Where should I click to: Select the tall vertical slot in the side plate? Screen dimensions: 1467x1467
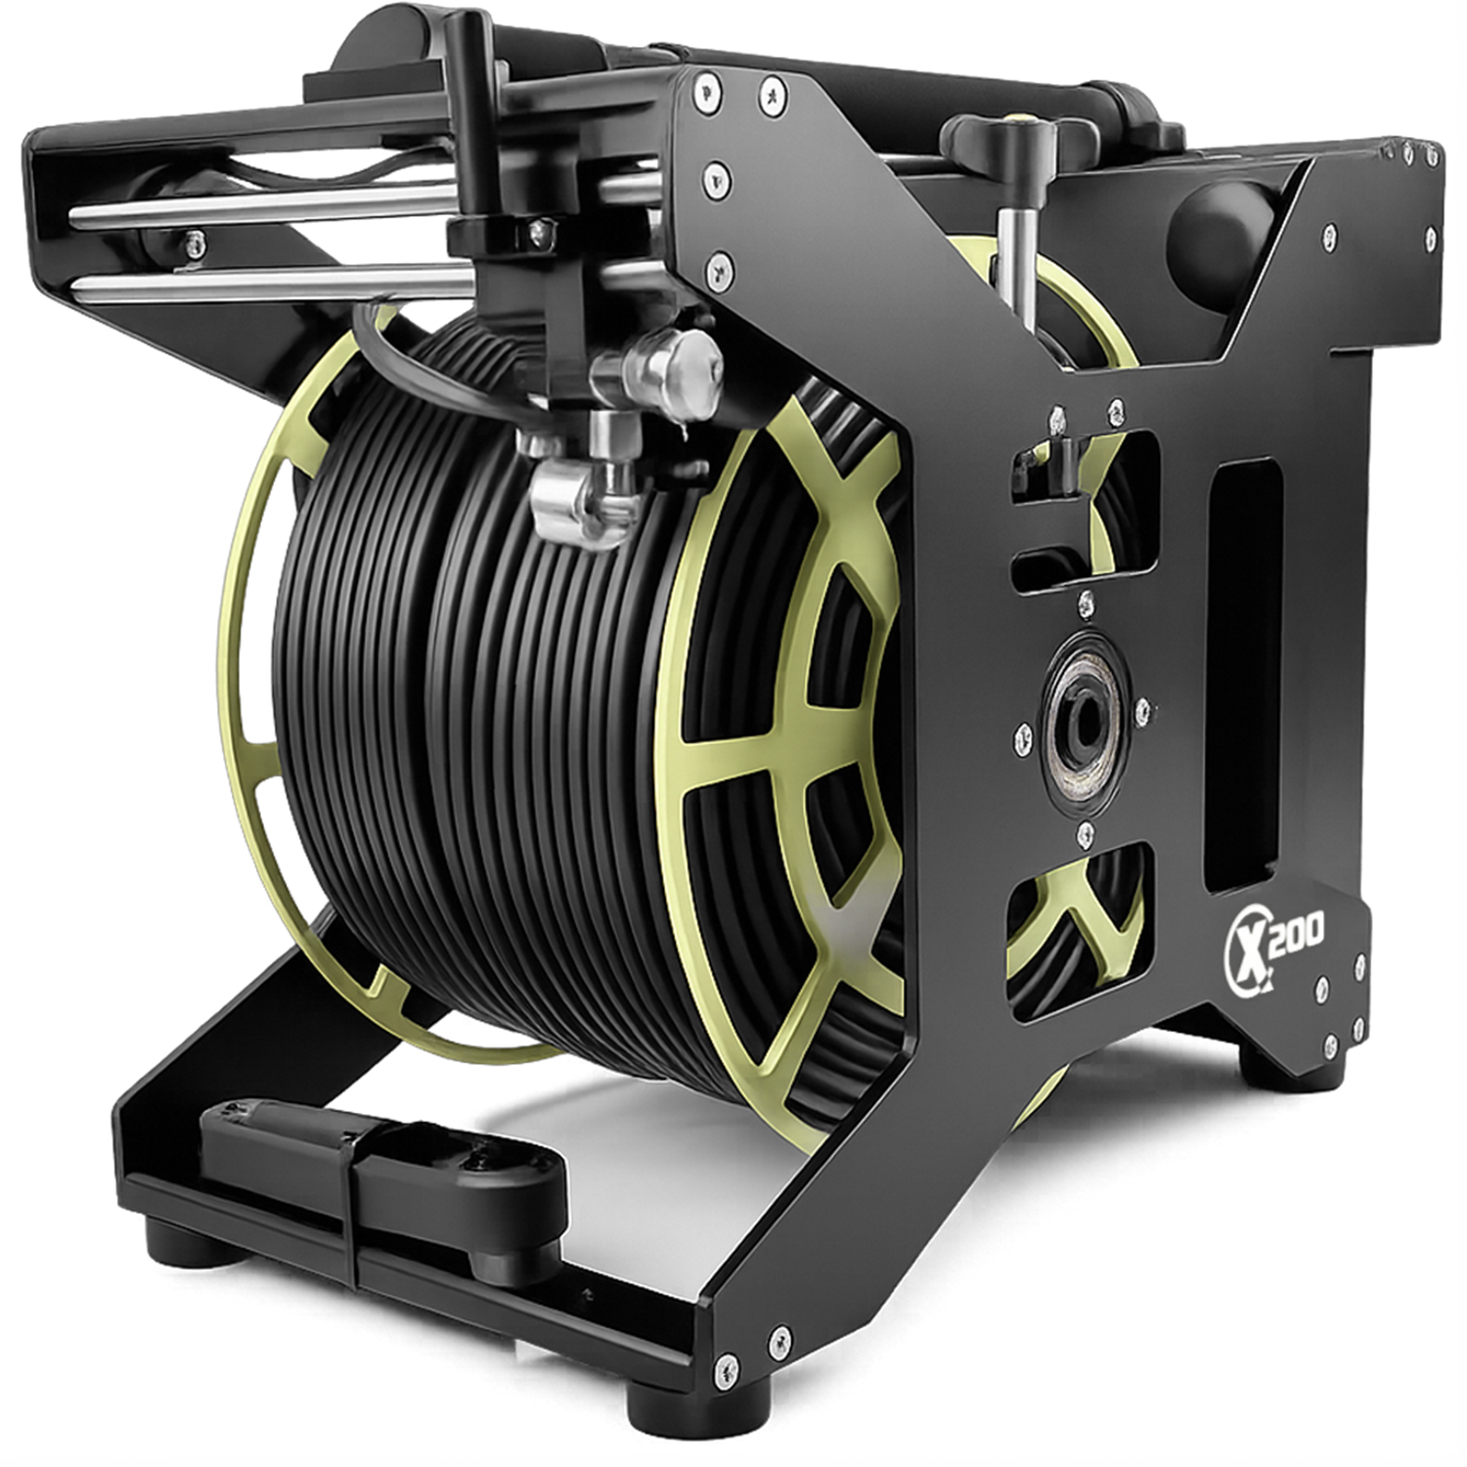point(1244,675)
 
